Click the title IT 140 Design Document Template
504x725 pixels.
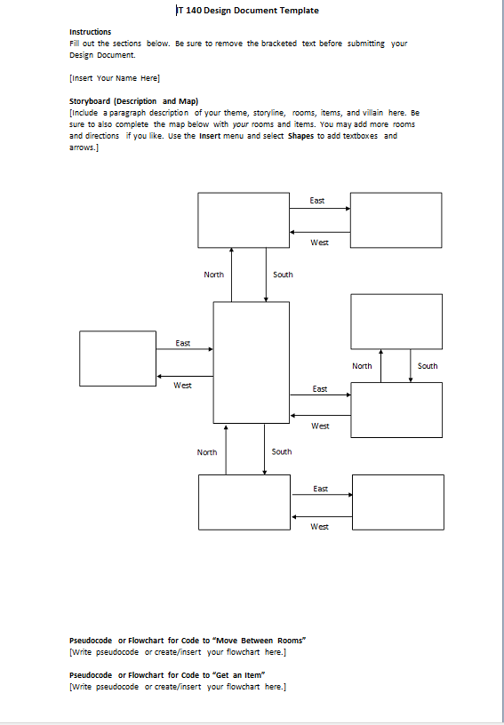(249, 11)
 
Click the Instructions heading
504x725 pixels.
(90, 32)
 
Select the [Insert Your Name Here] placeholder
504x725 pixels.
(114, 78)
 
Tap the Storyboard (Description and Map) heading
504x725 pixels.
(133, 101)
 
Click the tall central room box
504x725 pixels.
(251, 362)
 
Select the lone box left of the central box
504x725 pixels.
(117, 359)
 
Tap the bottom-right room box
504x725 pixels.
(398, 502)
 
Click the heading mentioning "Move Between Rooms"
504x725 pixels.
(188, 640)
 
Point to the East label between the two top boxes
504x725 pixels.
(317, 201)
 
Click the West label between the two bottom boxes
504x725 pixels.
(319, 527)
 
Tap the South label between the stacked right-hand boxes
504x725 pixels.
(428, 366)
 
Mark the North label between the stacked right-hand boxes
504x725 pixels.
(362, 366)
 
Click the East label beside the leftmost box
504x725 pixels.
(182, 343)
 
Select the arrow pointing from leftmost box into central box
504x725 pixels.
(184, 350)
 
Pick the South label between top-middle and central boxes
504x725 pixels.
(283, 275)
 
